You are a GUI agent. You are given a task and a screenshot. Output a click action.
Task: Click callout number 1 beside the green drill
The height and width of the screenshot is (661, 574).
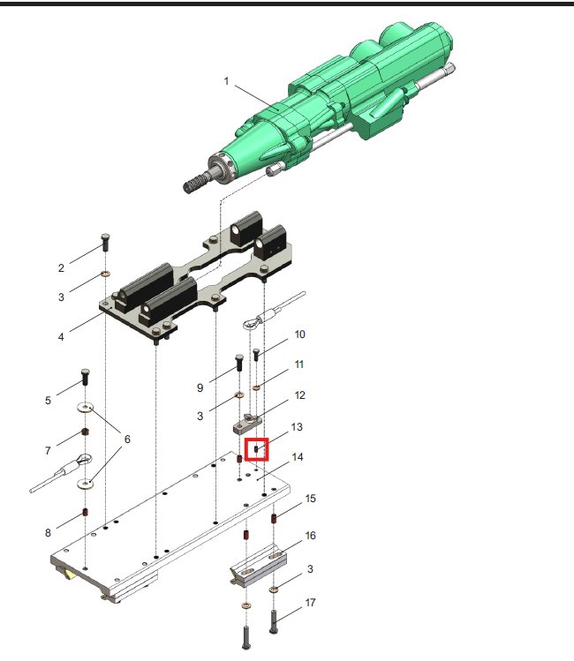click(x=226, y=80)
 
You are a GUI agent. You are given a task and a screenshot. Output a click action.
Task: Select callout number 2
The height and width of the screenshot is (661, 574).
click(x=61, y=268)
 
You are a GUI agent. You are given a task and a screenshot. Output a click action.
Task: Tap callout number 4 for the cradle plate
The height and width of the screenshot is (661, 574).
click(x=61, y=337)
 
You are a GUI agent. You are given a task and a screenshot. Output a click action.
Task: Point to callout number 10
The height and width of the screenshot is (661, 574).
click(x=300, y=334)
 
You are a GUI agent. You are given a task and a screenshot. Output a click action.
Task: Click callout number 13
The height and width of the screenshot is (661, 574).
click(x=297, y=427)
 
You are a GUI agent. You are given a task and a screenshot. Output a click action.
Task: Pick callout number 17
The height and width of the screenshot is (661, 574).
click(x=311, y=603)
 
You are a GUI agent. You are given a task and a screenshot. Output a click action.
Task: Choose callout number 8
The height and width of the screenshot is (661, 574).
click(x=48, y=533)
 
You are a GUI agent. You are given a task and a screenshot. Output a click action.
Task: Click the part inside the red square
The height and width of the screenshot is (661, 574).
click(x=256, y=450)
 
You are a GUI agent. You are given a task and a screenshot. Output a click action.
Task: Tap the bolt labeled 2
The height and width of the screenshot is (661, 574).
click(x=105, y=242)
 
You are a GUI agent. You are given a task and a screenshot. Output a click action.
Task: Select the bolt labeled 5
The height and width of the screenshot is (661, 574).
click(x=85, y=377)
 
